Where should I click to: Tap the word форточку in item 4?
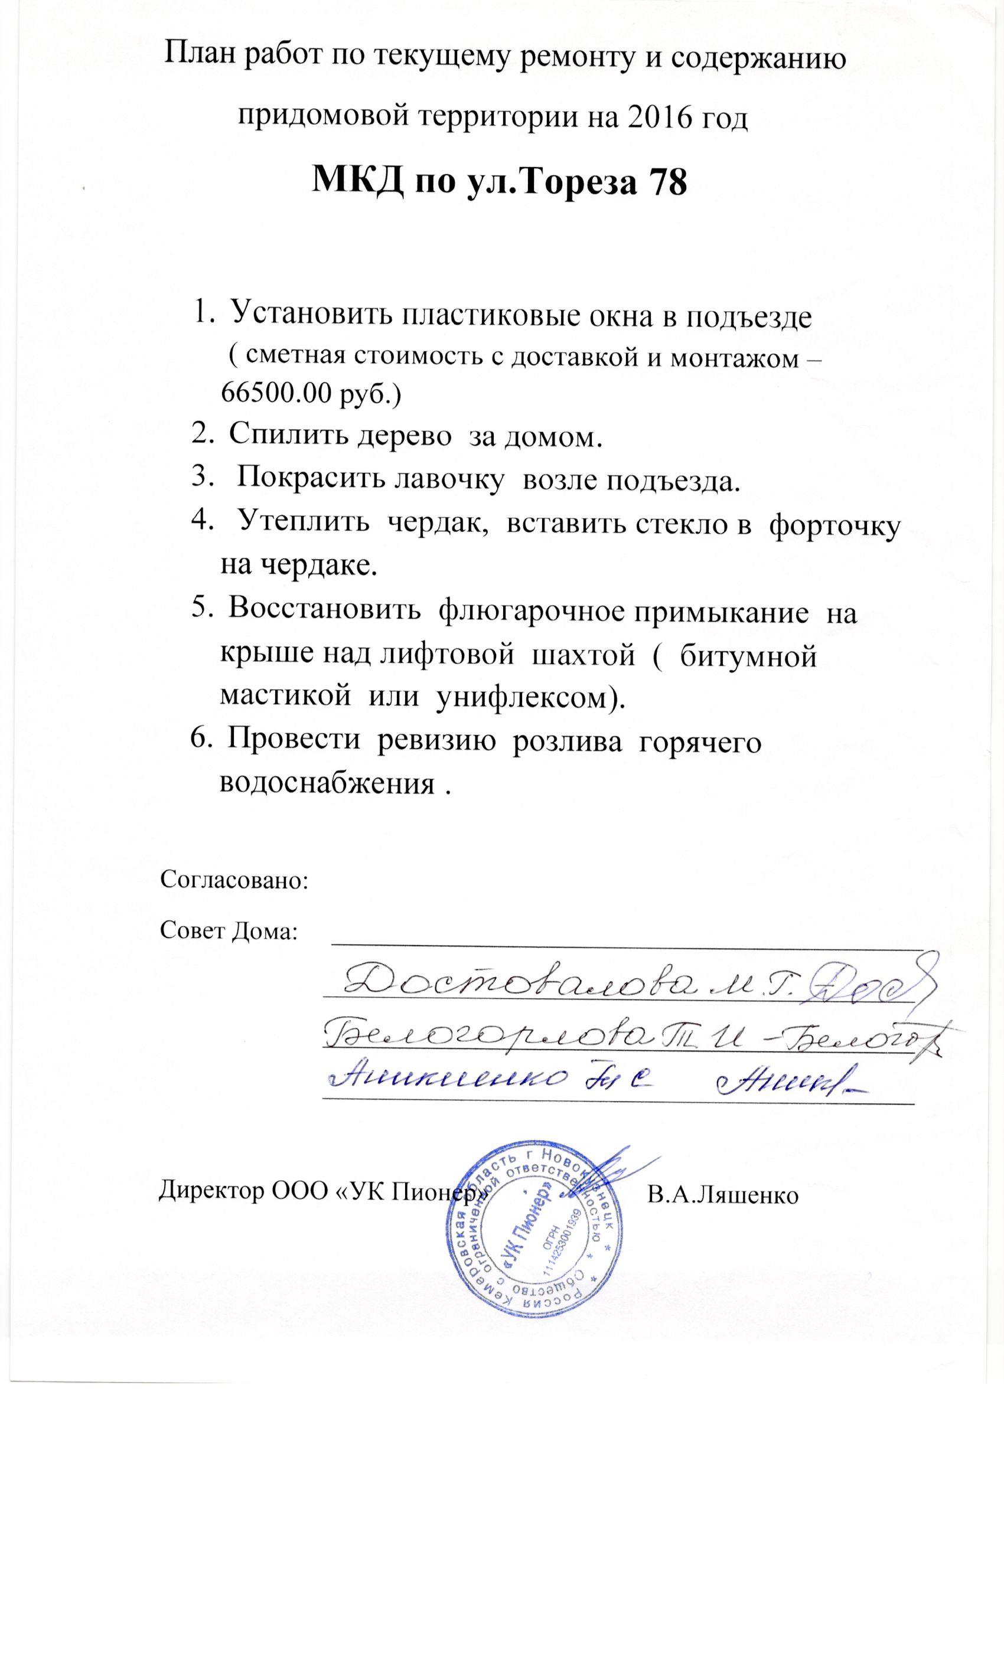(x=833, y=525)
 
